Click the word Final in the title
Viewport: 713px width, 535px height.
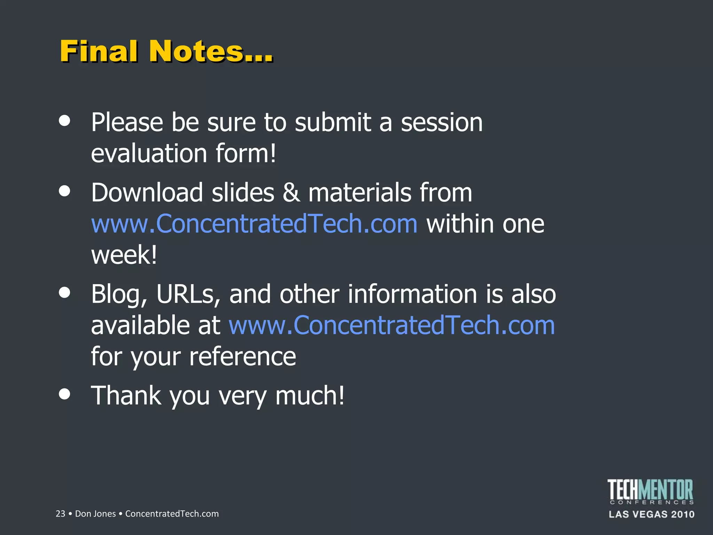pos(99,51)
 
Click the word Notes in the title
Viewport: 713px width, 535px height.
pos(196,51)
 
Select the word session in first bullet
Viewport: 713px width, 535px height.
pos(441,123)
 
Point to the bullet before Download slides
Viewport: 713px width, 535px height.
pos(65,191)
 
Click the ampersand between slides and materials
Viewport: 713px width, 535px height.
pos(291,193)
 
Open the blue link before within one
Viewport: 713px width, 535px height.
pos(254,224)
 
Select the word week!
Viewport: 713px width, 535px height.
pos(124,255)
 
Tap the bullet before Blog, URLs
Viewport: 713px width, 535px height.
pos(65,292)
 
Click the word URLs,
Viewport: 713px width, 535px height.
pos(188,294)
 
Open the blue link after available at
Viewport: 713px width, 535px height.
pos(392,325)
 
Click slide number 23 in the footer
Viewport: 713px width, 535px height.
pos(60,514)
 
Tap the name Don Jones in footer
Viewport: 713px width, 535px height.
pos(95,514)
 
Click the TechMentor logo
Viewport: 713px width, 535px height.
pos(650,491)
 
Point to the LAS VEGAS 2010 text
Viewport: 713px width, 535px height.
pos(651,514)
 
